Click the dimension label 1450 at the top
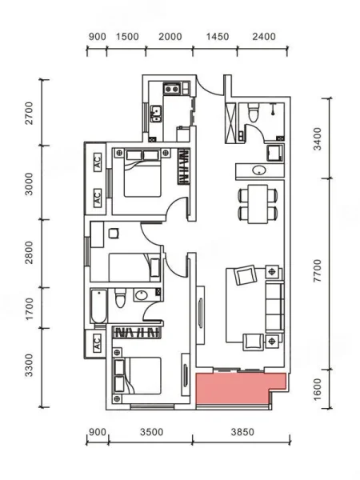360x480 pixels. coord(218,37)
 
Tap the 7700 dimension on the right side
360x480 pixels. coord(318,270)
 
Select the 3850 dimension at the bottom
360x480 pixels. coord(242,432)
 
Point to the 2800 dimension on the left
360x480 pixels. coord(29,253)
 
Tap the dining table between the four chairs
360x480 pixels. coord(258,204)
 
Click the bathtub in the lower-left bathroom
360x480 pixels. coord(99,306)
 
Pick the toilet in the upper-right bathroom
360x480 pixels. coord(254,112)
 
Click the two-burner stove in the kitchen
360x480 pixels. coord(171,89)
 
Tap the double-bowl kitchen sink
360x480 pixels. coord(156,114)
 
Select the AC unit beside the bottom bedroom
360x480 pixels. coord(97,342)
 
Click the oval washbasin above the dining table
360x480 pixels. coord(259,170)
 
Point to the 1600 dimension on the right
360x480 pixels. coord(318,389)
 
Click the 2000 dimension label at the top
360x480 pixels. coord(170,37)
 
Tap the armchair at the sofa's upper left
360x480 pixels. coord(245,274)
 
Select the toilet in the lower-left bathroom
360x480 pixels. coord(120,298)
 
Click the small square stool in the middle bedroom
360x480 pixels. coord(114,234)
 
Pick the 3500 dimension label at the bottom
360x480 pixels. coord(152,432)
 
